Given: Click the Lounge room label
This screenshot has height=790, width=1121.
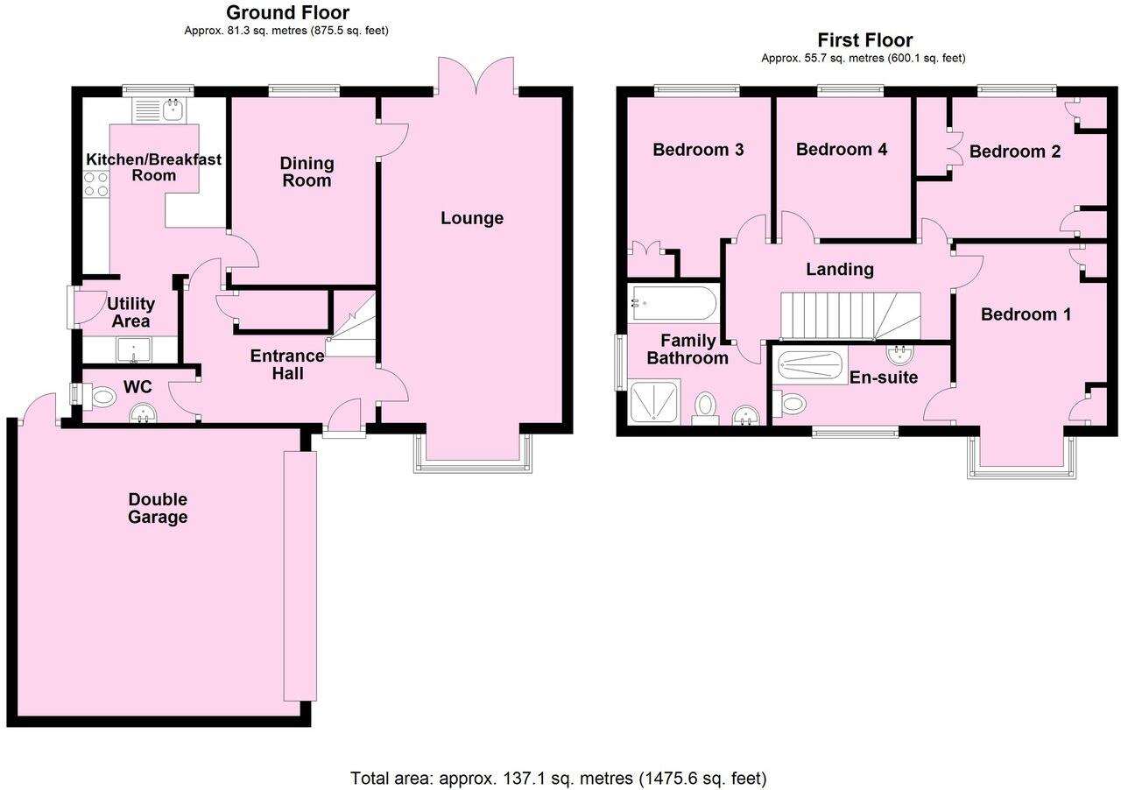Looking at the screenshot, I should point(471,218).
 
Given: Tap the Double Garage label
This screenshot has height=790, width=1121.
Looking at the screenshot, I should point(158,508).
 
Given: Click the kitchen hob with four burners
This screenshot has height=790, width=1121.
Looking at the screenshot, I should point(95,183).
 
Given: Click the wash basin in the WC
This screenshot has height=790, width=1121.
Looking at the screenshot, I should point(140,413).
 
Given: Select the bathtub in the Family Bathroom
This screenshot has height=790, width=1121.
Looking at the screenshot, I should point(672,304).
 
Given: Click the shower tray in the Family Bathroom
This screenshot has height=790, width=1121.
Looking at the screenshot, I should point(654,402).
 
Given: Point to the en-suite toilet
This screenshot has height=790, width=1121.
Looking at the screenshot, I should point(791,404).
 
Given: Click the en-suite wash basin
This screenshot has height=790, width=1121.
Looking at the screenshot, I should point(900,355).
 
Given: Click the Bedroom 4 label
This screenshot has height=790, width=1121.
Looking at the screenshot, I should point(841,150).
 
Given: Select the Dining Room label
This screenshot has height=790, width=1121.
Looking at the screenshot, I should point(307,172).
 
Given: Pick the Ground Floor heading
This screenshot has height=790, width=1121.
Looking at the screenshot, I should point(287,12).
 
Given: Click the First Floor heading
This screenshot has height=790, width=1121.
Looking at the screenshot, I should point(864,40).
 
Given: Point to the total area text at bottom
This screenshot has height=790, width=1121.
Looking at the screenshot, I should point(558,778).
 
